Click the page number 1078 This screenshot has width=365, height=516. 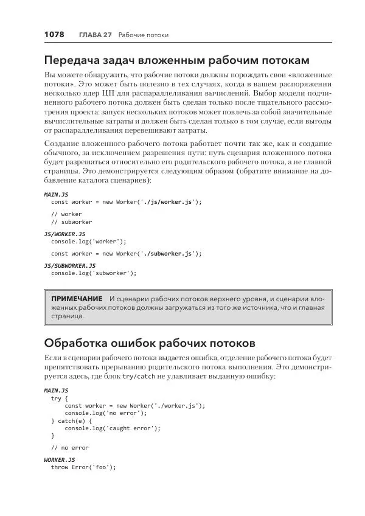pyautogui.click(x=54, y=35)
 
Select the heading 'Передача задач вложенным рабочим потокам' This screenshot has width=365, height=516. pyautogui.click(x=177, y=60)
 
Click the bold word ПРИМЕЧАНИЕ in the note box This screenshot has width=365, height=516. pyautogui.click(x=77, y=299)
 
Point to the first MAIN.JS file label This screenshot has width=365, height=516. pyautogui.click(x=57, y=194)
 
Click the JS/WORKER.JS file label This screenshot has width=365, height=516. pyautogui.click(x=65, y=234)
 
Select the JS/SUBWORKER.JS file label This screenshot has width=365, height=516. pyautogui.click(x=70, y=266)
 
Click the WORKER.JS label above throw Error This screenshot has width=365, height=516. pyautogui.click(x=60, y=460)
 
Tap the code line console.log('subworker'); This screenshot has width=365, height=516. pyautogui.click(x=94, y=273)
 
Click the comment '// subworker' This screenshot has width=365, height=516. pyautogui.click(x=71, y=222)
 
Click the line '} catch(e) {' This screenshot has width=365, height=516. pyautogui.click(x=71, y=420)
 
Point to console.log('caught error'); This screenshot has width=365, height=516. pyautogui.click(x=113, y=428)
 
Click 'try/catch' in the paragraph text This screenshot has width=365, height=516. pyautogui.click(x=141, y=377)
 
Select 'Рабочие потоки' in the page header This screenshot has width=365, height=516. pyautogui.click(x=144, y=35)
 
